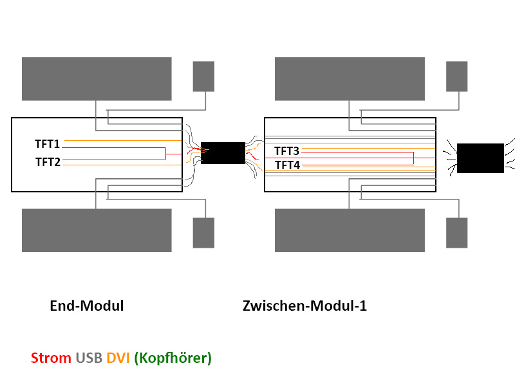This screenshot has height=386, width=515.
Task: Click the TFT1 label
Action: tap(48, 143)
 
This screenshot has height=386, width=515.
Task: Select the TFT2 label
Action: tap(48, 162)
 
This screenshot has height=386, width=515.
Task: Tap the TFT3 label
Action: tap(286, 151)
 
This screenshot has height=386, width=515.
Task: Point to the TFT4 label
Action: tap(286, 165)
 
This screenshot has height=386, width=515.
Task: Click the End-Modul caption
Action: tap(86, 306)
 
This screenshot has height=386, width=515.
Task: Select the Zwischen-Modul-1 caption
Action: tap(304, 306)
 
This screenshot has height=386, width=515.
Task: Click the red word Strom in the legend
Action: tap(51, 358)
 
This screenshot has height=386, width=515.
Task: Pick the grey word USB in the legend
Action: tap(89, 358)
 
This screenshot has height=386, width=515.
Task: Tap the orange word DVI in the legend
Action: tap(118, 358)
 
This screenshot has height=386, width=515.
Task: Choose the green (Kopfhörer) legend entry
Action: tap(173, 358)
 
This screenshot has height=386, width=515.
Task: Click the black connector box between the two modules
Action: tap(223, 153)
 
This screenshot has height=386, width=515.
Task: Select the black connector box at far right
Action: tap(480, 158)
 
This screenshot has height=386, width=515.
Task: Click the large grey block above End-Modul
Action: tap(97, 78)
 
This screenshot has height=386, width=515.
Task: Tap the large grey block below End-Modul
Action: tap(97, 230)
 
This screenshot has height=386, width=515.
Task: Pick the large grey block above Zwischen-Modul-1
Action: tap(350, 78)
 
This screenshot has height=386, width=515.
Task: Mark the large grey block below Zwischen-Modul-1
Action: tap(350, 230)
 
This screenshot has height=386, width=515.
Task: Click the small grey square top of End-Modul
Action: tap(204, 76)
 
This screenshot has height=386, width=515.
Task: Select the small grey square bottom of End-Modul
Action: tap(203, 233)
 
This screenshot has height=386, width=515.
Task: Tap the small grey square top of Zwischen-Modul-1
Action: tap(457, 76)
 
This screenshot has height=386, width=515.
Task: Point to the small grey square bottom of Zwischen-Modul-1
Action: tap(457, 233)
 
